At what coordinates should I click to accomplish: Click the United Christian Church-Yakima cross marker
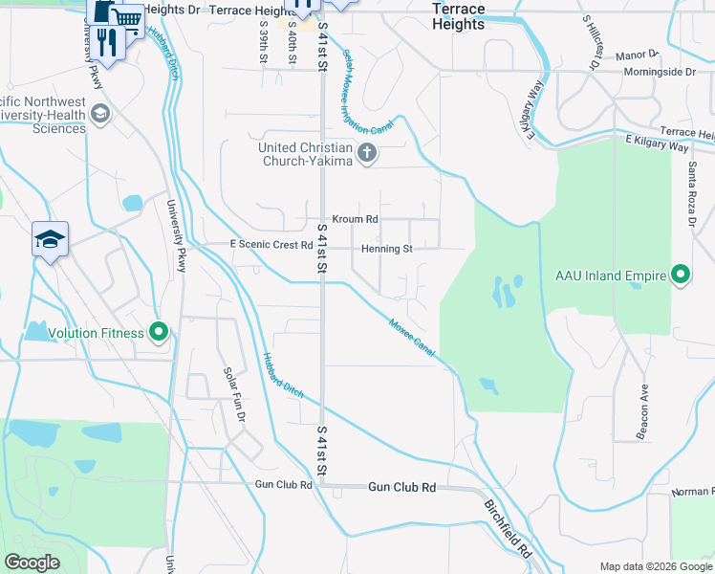click(x=366, y=153)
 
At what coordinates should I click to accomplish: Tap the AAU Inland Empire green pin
click(x=681, y=276)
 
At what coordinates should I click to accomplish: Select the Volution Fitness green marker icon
click(x=160, y=333)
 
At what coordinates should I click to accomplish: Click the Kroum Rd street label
click(x=355, y=219)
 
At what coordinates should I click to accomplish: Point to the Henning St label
click(x=386, y=249)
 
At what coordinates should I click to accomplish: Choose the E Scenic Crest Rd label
click(x=271, y=245)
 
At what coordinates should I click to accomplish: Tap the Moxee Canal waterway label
click(x=412, y=339)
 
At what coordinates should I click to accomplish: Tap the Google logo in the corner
click(x=32, y=562)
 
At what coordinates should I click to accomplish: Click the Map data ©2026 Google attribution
click(x=654, y=566)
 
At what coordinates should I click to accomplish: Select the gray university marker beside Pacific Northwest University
click(x=98, y=115)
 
